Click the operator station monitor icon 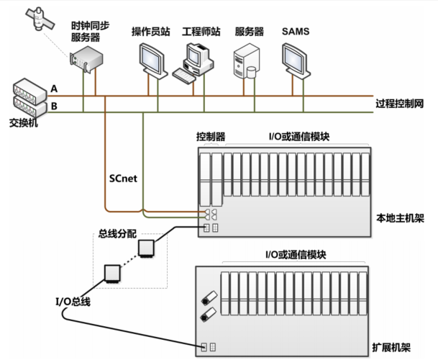[x=152, y=58]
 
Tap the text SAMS [x=295, y=32]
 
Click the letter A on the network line [x=54, y=89]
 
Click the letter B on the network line [x=54, y=107]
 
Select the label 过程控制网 [x=399, y=103]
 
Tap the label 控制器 [x=211, y=136]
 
